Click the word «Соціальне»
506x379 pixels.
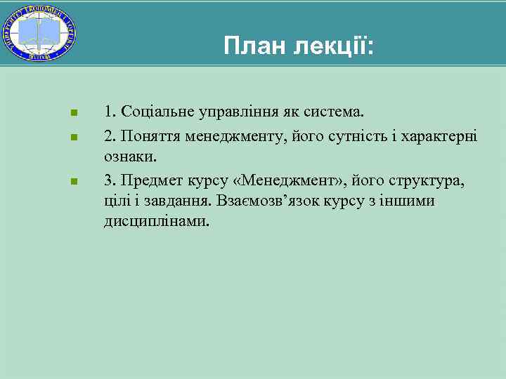point(155,111)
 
